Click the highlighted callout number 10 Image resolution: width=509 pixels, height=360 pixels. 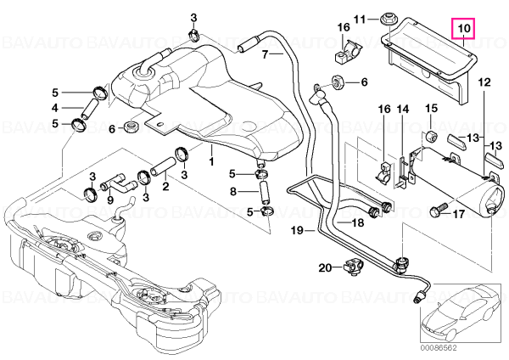(464, 28)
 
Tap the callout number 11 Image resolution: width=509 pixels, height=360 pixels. (360, 20)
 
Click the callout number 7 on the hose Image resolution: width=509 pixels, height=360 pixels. (265, 54)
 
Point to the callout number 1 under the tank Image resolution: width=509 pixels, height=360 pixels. (211, 161)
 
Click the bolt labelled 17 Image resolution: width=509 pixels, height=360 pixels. (438, 209)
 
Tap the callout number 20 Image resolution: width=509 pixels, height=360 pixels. (325, 268)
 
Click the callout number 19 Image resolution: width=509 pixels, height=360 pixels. (297, 230)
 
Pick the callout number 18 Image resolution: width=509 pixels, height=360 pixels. (358, 222)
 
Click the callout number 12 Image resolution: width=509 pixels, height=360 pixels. (484, 82)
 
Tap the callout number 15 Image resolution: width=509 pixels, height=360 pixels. (432, 109)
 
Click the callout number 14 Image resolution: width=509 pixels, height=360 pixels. (403, 109)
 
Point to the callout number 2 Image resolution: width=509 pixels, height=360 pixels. (165, 187)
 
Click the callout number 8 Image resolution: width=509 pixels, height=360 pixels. (233, 191)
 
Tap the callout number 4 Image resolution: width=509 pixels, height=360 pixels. (55, 108)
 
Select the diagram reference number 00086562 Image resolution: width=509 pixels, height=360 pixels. (439, 347)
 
